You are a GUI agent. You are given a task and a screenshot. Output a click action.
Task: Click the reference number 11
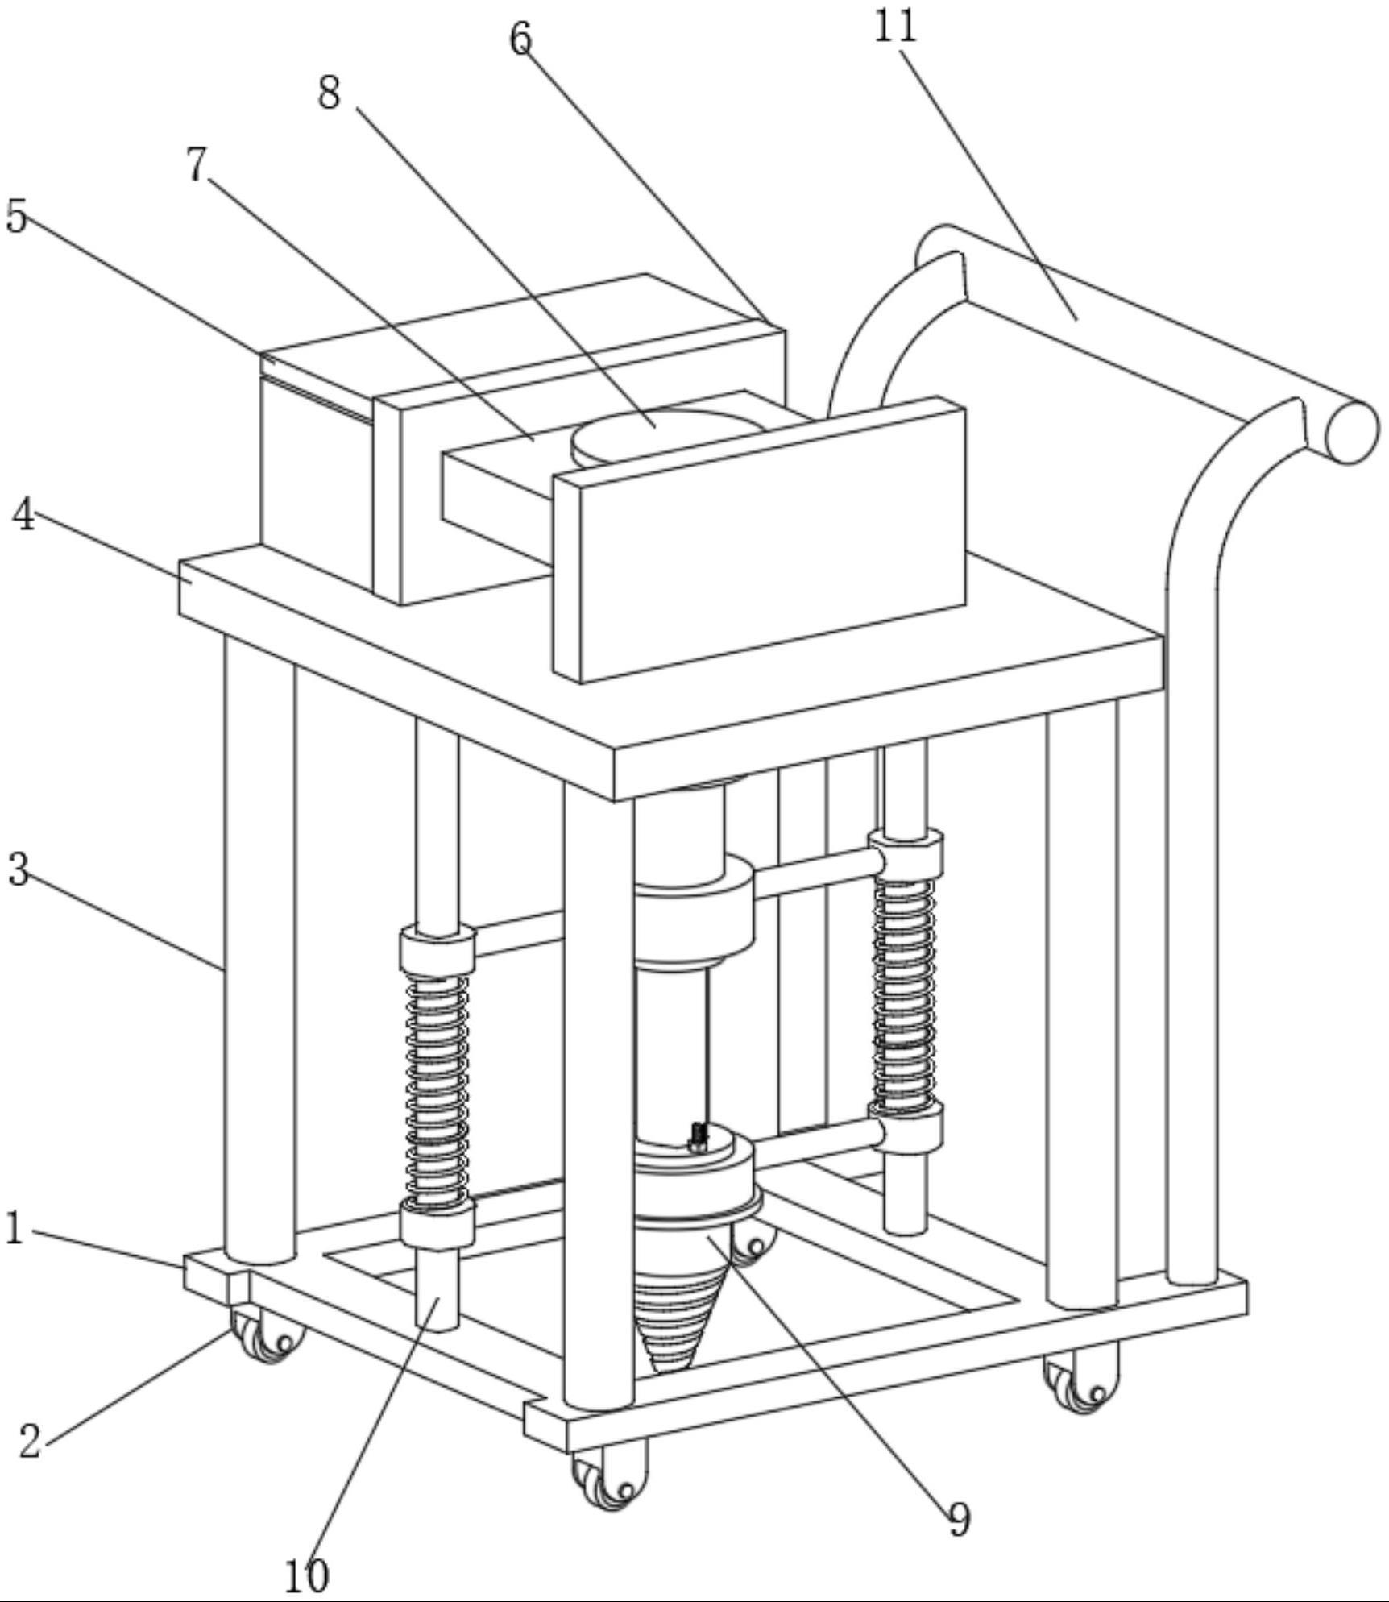coord(895,27)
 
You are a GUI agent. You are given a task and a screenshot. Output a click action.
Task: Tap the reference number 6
coord(521,38)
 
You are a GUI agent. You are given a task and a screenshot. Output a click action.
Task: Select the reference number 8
coord(329,93)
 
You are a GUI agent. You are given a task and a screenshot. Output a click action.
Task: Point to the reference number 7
coord(197,164)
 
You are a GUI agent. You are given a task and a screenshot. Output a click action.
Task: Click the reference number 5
coord(17,216)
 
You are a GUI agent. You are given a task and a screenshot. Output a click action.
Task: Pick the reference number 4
coord(24,514)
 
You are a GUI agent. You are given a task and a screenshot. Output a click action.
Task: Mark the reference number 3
coord(19,869)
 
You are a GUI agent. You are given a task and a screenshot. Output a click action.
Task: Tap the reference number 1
coord(14,1228)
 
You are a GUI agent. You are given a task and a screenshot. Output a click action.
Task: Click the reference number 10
coord(307,1575)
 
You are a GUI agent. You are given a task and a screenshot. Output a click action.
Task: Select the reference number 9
coord(958,1519)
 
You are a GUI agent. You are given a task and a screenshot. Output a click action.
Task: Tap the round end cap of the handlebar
coord(1350,433)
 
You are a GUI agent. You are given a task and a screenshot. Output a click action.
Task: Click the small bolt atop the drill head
coord(699,1136)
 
